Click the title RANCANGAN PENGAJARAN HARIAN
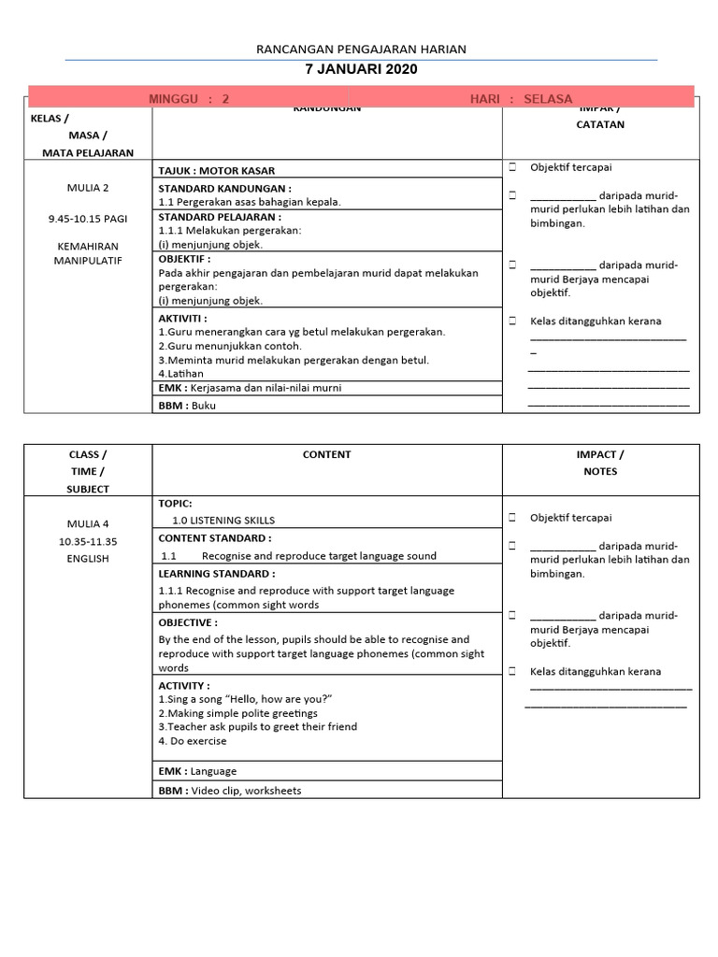[361, 50]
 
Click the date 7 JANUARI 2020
[361, 69]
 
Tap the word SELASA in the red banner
[548, 99]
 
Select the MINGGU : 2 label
[189, 99]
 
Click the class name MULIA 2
[88, 188]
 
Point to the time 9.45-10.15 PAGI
[88, 219]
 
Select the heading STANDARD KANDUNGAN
[224, 188]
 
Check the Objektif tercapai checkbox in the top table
[513, 167]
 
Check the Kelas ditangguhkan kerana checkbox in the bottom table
[513, 671]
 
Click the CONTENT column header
[326, 455]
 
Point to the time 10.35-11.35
[88, 541]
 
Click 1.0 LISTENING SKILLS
[223, 521]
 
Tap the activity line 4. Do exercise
[193, 741]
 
